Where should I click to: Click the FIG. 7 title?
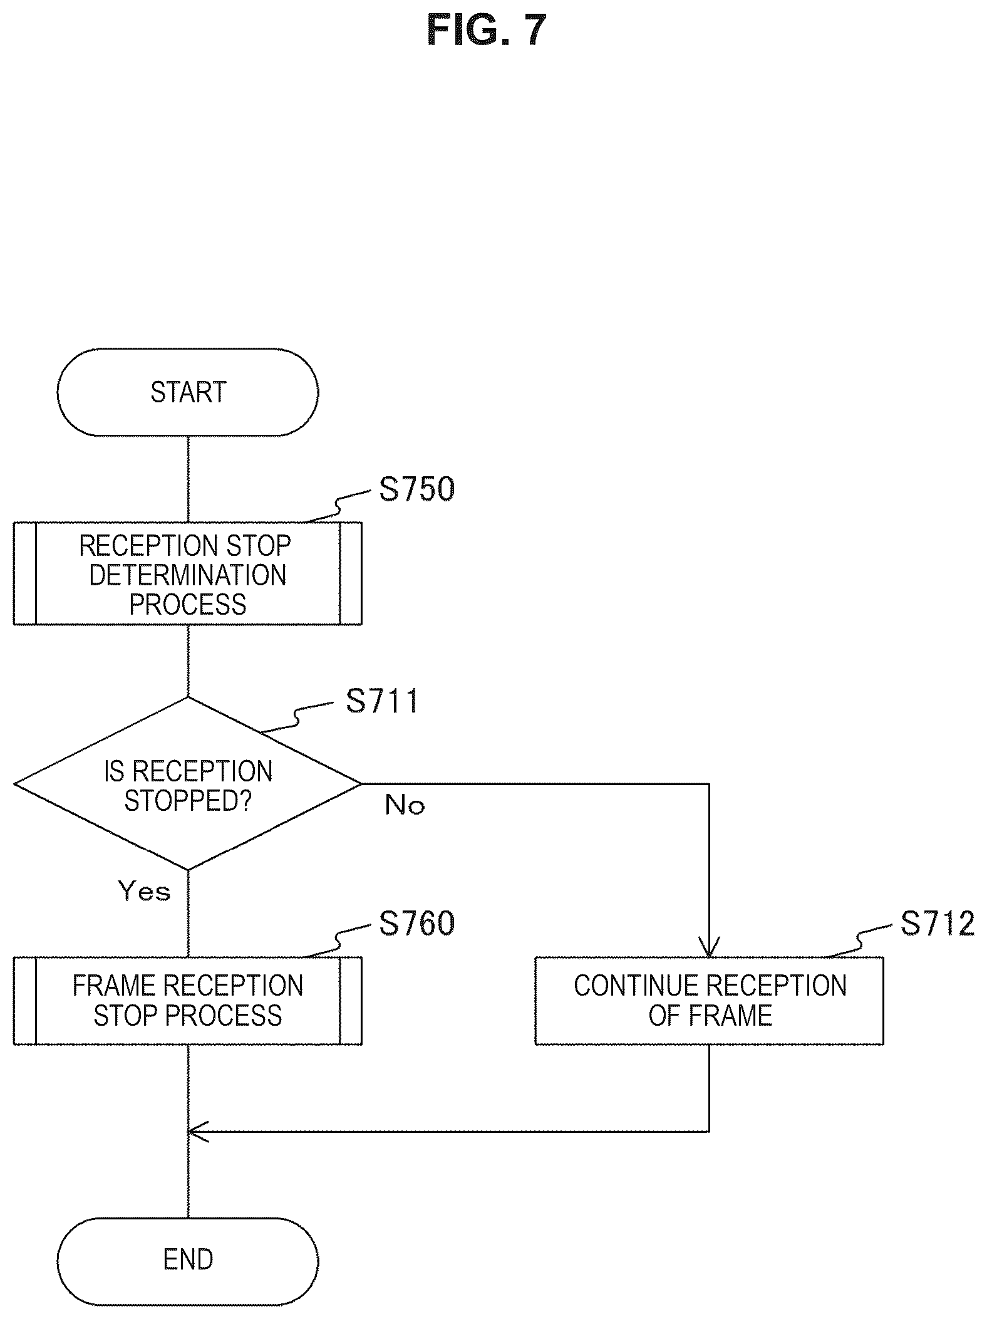[x=487, y=30]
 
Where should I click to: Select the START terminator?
[x=188, y=392]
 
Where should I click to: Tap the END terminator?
[x=188, y=1259]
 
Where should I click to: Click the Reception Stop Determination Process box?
[x=188, y=573]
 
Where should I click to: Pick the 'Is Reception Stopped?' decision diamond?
[x=188, y=784]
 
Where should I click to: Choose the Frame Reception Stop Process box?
[x=188, y=1001]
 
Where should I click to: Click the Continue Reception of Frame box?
[x=709, y=1001]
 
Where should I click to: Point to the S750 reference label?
[x=417, y=489]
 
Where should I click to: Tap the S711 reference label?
[x=382, y=701]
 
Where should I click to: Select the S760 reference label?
[x=417, y=924]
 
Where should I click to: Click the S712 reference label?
[x=938, y=924]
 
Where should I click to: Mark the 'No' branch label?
[x=405, y=805]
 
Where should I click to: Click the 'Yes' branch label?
[x=144, y=891]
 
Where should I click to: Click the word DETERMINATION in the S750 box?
[x=188, y=575]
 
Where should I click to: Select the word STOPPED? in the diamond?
[x=188, y=800]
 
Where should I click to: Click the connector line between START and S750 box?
[x=188, y=479]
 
